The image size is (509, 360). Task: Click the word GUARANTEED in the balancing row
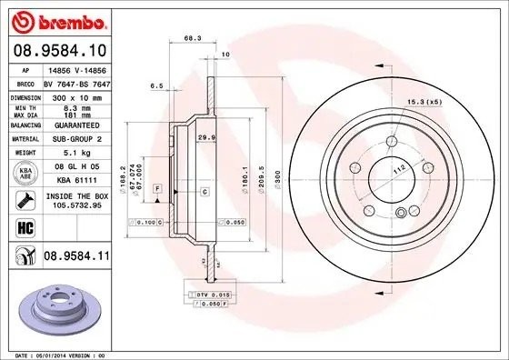click(71, 125)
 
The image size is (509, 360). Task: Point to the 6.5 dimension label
click(155, 85)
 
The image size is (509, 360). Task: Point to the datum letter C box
click(205, 191)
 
